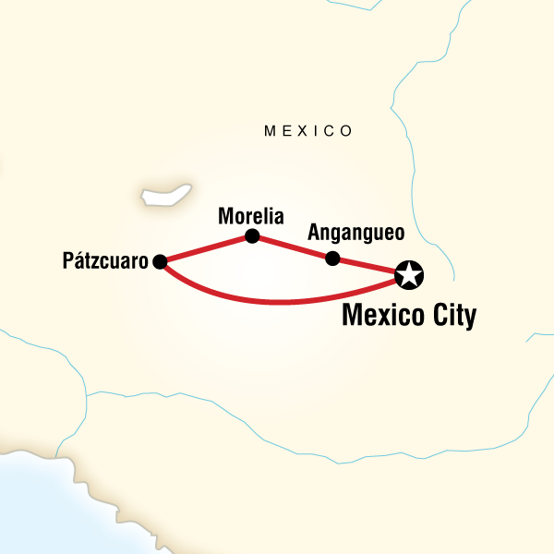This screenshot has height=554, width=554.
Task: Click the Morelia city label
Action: pos(250,216)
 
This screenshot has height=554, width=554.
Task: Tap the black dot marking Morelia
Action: pos(252,236)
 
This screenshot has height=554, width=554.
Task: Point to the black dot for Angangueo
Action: pos(333,258)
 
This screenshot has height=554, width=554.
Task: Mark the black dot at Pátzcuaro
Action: pos(160,261)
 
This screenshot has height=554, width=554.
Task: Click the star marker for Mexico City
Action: pos(408,274)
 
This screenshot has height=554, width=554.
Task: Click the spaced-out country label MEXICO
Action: pos(308,131)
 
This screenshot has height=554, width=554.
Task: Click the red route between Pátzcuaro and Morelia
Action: pos(205,249)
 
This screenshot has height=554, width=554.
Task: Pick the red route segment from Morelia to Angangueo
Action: pos(293,247)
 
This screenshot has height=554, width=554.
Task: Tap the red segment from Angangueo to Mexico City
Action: pos(369,266)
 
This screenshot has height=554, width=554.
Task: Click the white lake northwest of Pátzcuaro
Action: pos(166,196)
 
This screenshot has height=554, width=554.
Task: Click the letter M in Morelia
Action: pos(225,216)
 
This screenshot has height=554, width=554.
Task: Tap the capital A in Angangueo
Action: pos(314,231)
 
